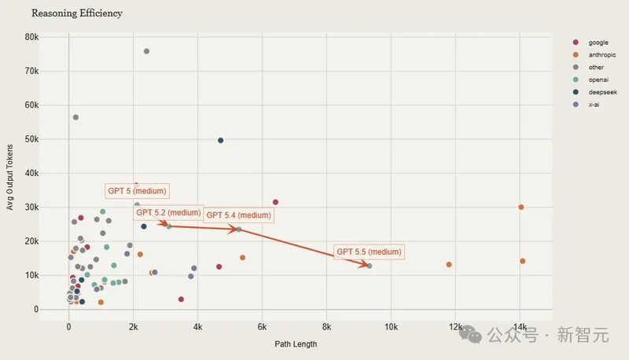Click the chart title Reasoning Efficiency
coord(77,13)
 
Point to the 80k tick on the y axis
coord(32,37)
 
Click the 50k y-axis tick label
coord(32,139)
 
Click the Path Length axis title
coord(295,344)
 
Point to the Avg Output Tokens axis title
coord(10,175)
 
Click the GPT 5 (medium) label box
coord(137,192)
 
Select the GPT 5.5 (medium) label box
coord(369,252)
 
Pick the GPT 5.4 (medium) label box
coord(238,215)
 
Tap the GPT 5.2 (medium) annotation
coord(168,212)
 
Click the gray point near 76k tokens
coord(146,51)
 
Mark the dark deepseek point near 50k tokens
coord(221,140)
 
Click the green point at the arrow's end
coord(369,266)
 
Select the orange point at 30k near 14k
coord(520,207)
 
